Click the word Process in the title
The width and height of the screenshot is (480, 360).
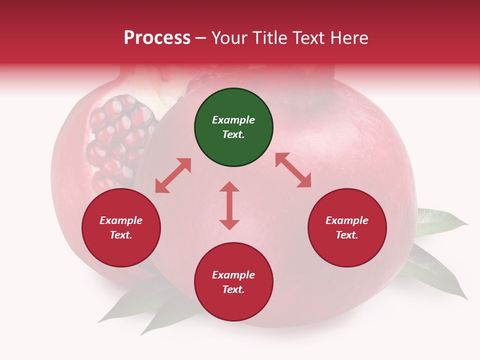157,38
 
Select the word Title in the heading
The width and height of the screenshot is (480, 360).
272,38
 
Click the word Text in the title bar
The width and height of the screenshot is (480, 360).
310,38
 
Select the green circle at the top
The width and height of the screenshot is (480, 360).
233,127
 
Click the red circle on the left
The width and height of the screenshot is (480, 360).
121,228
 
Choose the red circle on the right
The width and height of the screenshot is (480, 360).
347,228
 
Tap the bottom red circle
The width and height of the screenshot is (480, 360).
233,282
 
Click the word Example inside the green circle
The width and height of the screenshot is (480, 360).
233,120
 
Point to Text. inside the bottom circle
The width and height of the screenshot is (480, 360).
233,289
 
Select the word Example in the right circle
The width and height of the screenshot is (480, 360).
347,220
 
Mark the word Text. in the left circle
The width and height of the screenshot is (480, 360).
121,235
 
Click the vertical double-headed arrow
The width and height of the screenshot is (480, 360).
229,205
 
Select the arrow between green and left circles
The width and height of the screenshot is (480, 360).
173,175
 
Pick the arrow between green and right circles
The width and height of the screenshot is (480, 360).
293,170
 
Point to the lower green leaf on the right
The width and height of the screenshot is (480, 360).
435,272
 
